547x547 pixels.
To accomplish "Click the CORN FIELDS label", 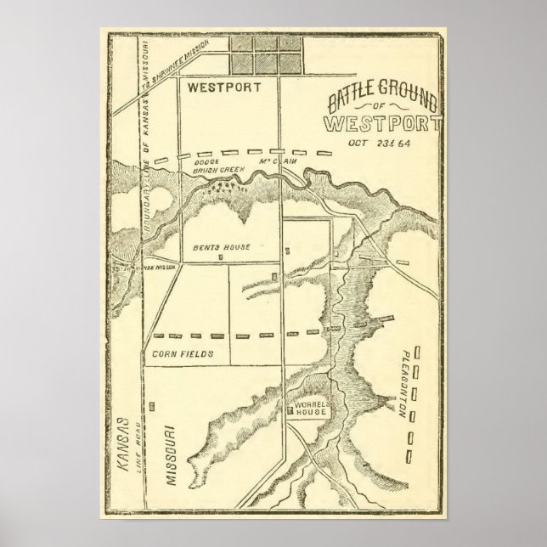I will point(183,352).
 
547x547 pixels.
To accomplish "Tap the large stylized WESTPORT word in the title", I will point(382,124).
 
